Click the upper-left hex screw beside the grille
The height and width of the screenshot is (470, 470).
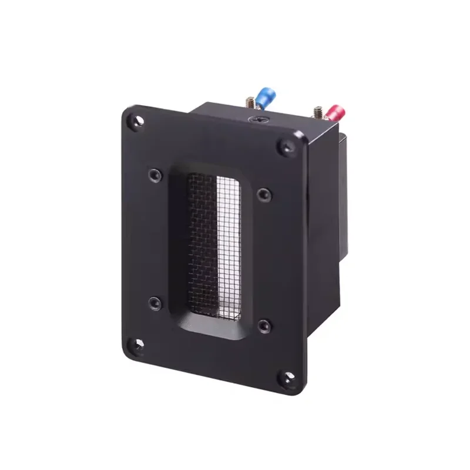click(x=154, y=174)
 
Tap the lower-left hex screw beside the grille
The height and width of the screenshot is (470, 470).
click(x=155, y=303)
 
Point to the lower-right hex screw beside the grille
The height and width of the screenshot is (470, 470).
click(x=263, y=324)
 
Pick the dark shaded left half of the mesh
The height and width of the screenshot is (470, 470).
click(x=199, y=241)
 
